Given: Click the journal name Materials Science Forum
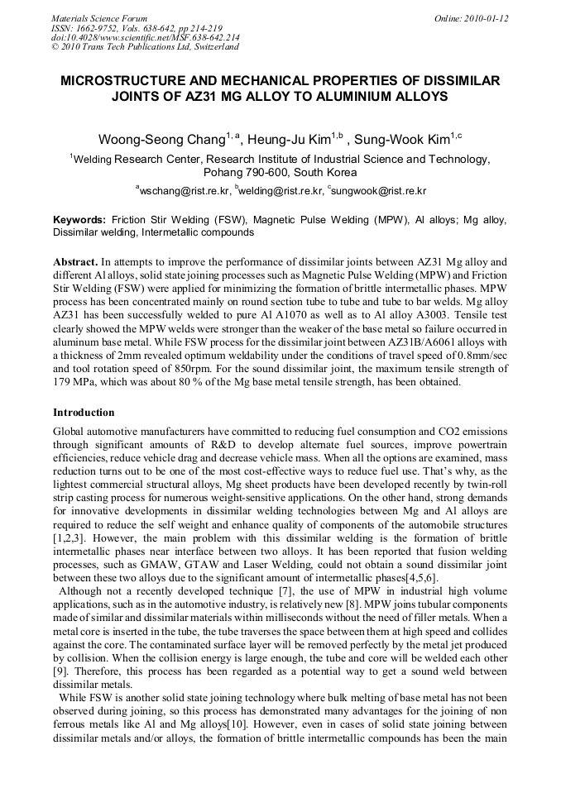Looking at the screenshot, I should coord(99,18).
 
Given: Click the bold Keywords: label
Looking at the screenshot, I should coord(79,221).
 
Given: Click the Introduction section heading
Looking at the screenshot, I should coord(84,412).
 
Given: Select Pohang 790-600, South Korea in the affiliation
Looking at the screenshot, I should coord(280,173).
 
